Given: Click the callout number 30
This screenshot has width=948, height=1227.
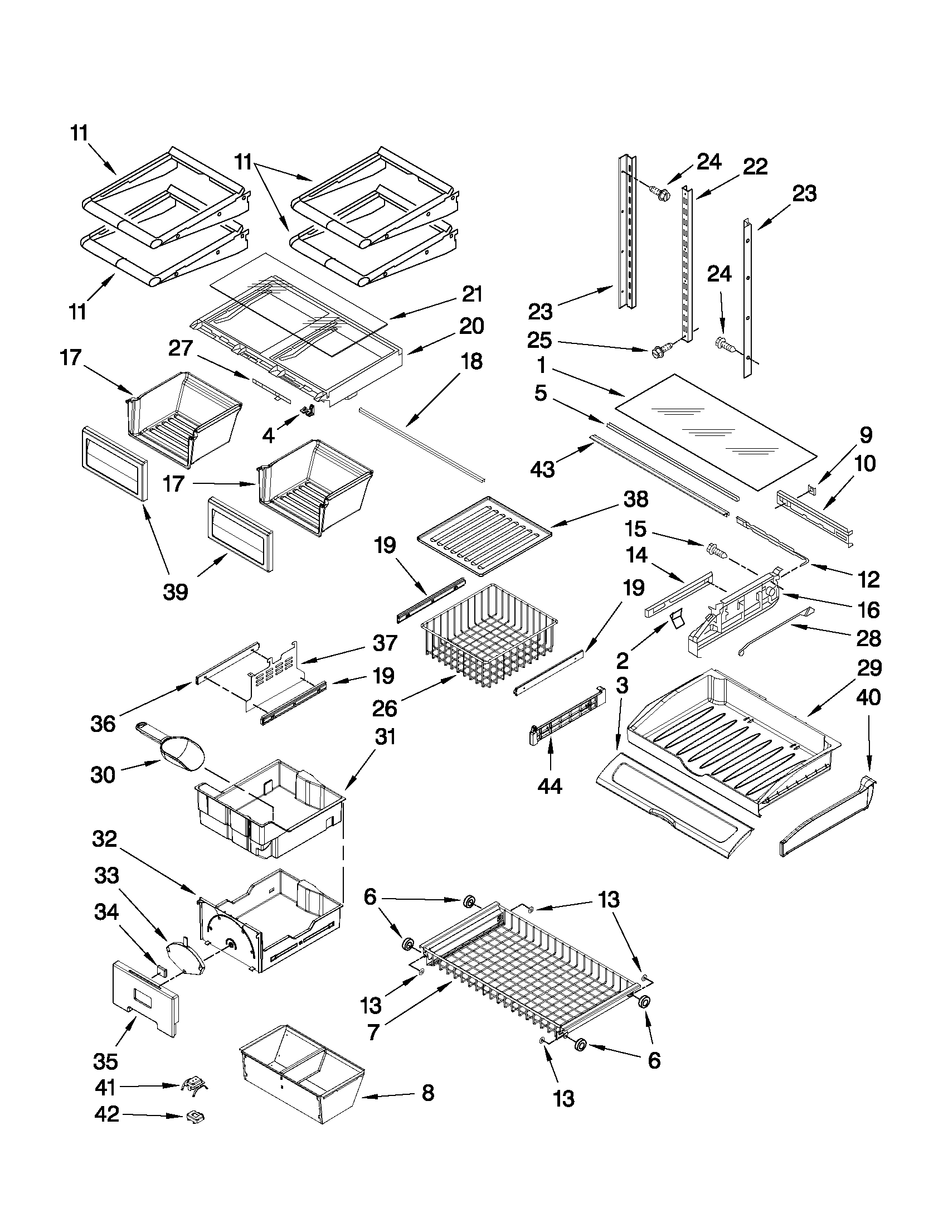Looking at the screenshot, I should pyautogui.click(x=102, y=775).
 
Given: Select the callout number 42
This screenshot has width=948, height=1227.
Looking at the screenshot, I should pyautogui.click(x=106, y=1129).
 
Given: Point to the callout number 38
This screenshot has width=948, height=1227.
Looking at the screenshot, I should pyautogui.click(x=635, y=499).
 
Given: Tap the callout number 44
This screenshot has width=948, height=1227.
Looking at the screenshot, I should pyautogui.click(x=550, y=787).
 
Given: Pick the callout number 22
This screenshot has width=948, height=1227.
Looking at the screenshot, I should pyautogui.click(x=754, y=167).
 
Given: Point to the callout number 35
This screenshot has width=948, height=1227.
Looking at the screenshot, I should pyautogui.click(x=105, y=1061).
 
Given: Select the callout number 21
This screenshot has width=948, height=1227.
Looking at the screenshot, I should pyautogui.click(x=471, y=294).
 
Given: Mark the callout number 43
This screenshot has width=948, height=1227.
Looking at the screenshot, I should pyautogui.click(x=542, y=468).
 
